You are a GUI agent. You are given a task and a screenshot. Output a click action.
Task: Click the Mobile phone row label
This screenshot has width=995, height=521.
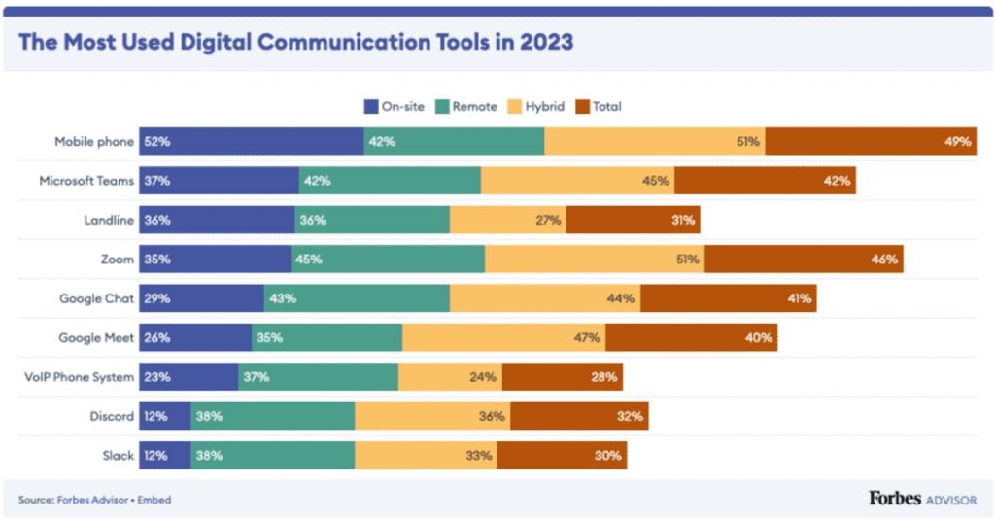pos(93,141)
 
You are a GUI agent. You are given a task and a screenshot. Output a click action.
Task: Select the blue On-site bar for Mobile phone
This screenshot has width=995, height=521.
pos(252,141)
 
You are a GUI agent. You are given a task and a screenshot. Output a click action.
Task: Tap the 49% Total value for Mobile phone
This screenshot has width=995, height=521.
pos(957,141)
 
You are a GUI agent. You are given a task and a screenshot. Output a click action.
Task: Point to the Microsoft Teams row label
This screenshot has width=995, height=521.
pos(86,181)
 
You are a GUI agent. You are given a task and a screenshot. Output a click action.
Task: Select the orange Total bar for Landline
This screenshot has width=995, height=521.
pos(633,220)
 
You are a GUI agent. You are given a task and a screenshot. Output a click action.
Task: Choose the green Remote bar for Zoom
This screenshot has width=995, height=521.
pos(388,260)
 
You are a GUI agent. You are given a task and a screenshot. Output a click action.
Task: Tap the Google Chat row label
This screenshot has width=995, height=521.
pos(96,298)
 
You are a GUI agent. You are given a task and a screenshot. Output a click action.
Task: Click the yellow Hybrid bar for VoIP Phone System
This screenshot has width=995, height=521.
pos(450,377)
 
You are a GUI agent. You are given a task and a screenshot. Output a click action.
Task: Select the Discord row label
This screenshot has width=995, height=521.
pos(112,416)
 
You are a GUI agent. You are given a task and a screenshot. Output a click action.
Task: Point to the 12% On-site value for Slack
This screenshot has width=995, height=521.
pos(154,455)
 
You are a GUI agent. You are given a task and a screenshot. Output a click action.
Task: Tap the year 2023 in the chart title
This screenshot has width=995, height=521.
pos(544,43)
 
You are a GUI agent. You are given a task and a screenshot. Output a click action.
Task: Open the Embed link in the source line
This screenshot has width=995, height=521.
pos(155,500)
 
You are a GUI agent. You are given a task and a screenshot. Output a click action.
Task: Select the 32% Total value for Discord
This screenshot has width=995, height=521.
pos(629,416)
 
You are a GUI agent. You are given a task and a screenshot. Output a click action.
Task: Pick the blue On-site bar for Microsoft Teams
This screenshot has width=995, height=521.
pos(219,181)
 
